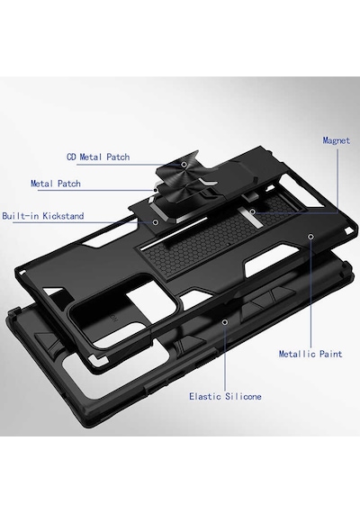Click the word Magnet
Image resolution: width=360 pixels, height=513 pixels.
pyautogui.click(x=337, y=140)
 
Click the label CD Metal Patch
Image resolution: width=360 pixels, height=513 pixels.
pyautogui.click(x=98, y=157)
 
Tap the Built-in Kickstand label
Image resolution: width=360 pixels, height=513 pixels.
pyautogui.click(x=43, y=216)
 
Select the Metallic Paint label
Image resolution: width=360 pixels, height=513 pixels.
pyautogui.click(x=310, y=354)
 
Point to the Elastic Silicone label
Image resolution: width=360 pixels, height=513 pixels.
pyautogui.click(x=225, y=397)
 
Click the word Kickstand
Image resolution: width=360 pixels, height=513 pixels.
pyautogui.click(x=64, y=216)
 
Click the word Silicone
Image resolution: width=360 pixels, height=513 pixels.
pyautogui.click(x=243, y=397)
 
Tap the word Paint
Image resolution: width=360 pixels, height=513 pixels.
pyautogui.click(x=331, y=354)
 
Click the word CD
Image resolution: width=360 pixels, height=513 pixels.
pyautogui.click(x=71, y=157)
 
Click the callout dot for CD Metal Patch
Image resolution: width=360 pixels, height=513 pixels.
pyautogui.click(x=184, y=164)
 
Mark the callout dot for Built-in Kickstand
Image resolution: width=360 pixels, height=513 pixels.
pyautogui.click(x=156, y=222)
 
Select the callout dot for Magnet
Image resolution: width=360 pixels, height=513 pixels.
pyautogui.click(x=252, y=212)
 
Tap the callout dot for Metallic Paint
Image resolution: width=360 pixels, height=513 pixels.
pyautogui.click(x=310, y=236)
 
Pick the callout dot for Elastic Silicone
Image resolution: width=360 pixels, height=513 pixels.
pyautogui.click(x=225, y=322)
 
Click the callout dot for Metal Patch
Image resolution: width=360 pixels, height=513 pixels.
pyautogui.click(x=155, y=189)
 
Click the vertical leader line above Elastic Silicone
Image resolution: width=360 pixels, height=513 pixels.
pyautogui.click(x=225, y=358)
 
